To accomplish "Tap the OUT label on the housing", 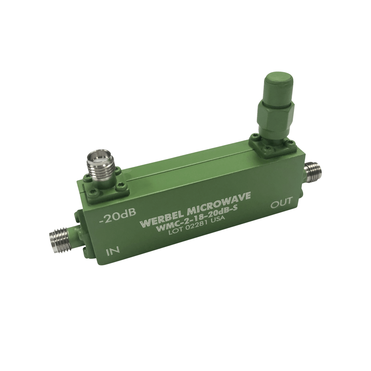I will pyautogui.click(x=282, y=203).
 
